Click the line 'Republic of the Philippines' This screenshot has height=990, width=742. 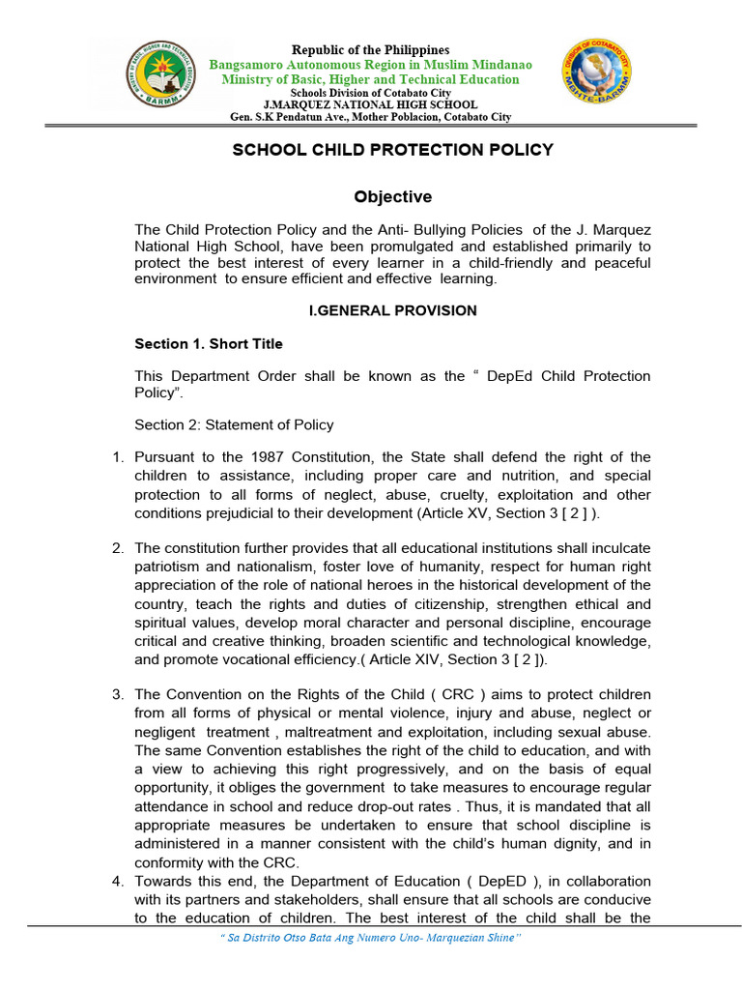click(x=372, y=50)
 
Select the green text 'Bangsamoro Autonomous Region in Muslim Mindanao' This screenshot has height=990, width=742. click(x=371, y=65)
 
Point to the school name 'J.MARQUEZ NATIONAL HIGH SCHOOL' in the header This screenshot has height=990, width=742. click(x=371, y=104)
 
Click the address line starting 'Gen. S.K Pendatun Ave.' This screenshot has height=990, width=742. click(x=371, y=117)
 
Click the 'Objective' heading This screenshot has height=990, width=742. click(x=392, y=197)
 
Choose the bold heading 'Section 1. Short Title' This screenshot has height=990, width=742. click(x=209, y=344)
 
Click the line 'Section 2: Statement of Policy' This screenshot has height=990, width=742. click(x=234, y=424)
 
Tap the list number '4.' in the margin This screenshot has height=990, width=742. click(x=118, y=882)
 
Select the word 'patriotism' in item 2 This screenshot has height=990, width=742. click(x=167, y=568)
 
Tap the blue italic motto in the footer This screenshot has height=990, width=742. click(x=371, y=938)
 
